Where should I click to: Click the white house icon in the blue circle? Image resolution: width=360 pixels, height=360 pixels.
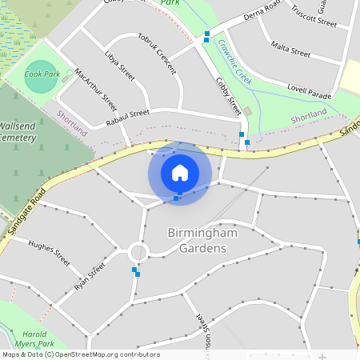click(180, 172)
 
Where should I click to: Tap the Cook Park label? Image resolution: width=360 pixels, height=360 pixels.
click(42, 74)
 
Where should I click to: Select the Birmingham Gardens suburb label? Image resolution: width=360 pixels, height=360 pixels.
click(198, 240)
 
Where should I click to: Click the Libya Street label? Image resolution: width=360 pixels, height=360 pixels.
click(120, 65)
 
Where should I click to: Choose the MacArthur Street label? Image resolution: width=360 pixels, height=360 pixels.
click(95, 90)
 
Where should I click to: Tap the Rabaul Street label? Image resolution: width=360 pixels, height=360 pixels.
click(128, 118)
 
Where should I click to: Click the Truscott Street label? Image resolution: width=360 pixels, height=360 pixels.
click(314, 16)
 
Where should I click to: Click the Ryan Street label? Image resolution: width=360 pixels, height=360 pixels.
click(90, 276)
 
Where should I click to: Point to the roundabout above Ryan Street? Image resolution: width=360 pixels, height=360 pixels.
click(138, 254)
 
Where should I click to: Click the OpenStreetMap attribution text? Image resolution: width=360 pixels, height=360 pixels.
click(80, 354)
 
